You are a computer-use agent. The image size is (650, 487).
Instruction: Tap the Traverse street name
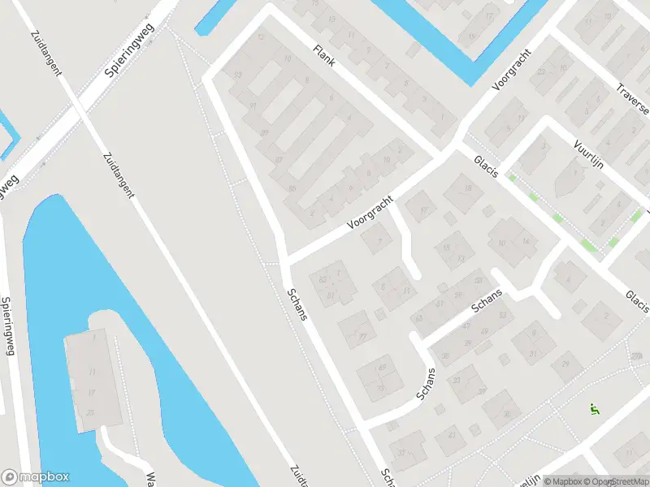632,98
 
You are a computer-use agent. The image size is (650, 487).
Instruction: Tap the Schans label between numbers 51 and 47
487,301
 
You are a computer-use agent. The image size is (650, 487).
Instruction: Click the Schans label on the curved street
427,383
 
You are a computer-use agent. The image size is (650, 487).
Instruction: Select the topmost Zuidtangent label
45,53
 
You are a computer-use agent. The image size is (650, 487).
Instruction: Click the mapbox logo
36,477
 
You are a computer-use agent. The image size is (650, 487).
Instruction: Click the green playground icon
595,411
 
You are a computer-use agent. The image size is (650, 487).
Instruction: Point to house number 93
238,75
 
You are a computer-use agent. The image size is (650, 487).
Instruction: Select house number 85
292,189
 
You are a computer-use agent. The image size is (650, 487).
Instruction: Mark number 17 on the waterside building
91,392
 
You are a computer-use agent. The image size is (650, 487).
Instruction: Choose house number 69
383,369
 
